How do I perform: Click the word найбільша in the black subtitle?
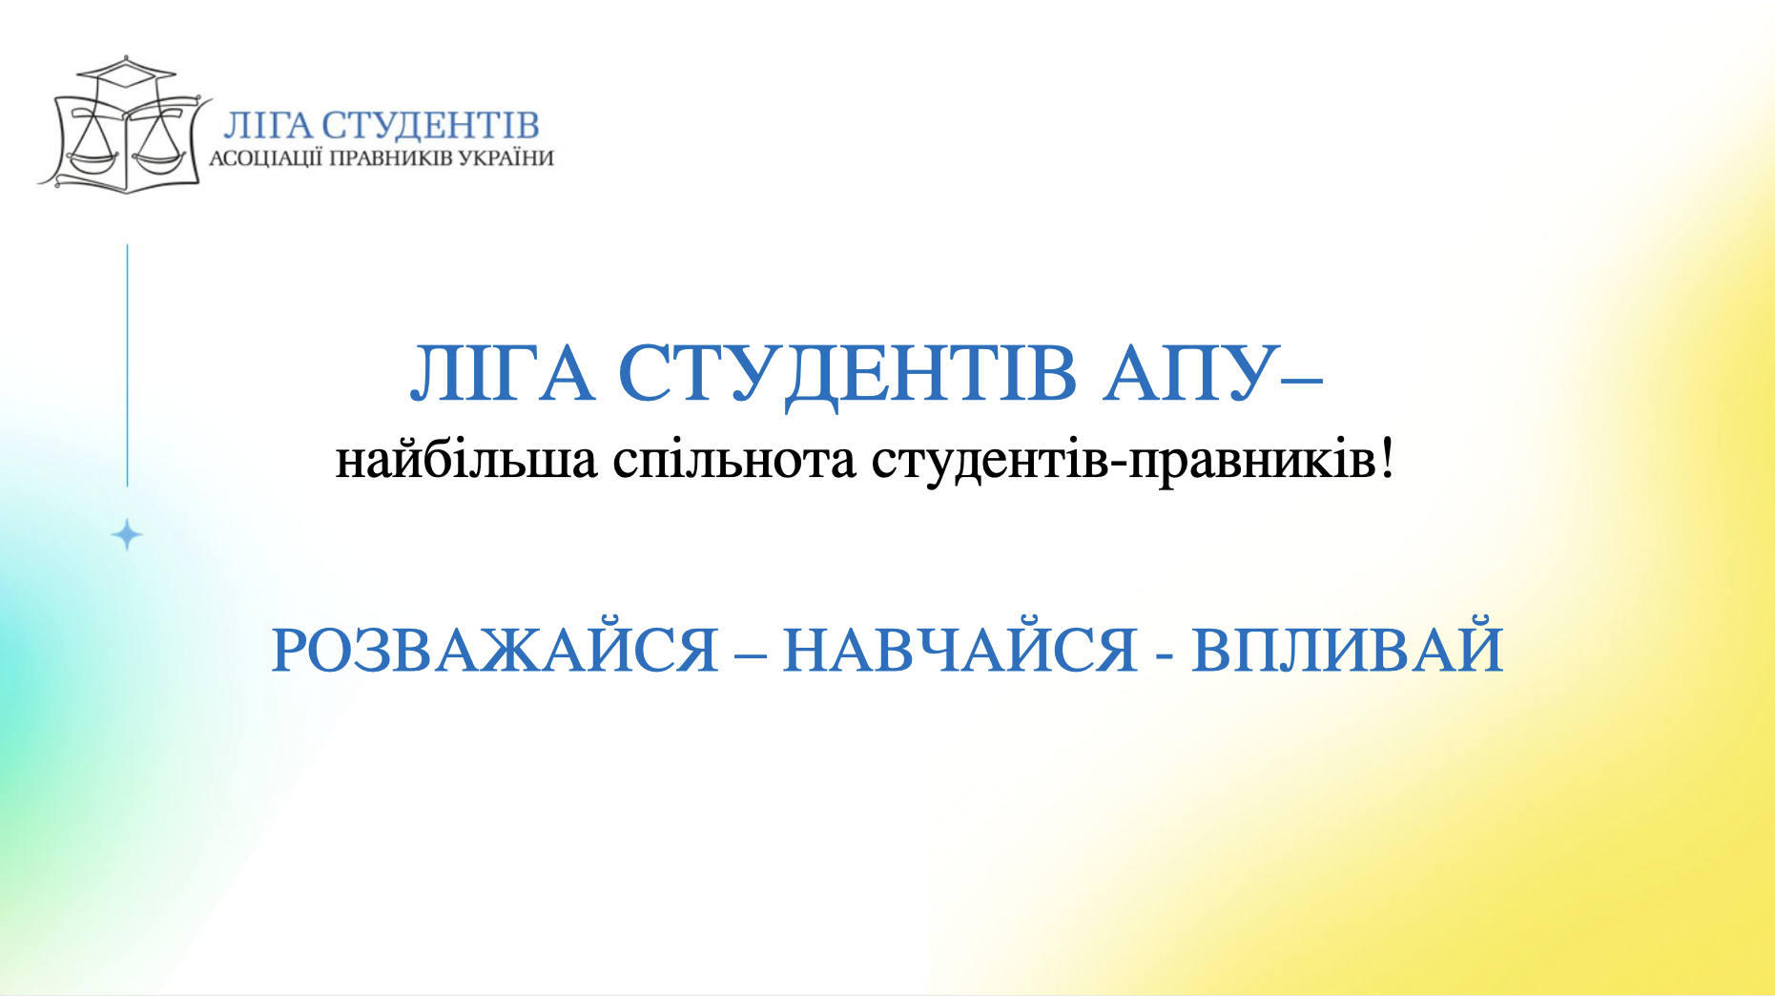coord(466,461)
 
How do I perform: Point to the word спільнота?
coord(734,461)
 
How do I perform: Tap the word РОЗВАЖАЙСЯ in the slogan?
coord(495,651)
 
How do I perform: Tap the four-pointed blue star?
coord(127,535)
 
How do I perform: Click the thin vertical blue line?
coord(128,365)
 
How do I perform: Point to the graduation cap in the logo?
coord(126,73)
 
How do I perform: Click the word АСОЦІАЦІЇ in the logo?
coord(266,158)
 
